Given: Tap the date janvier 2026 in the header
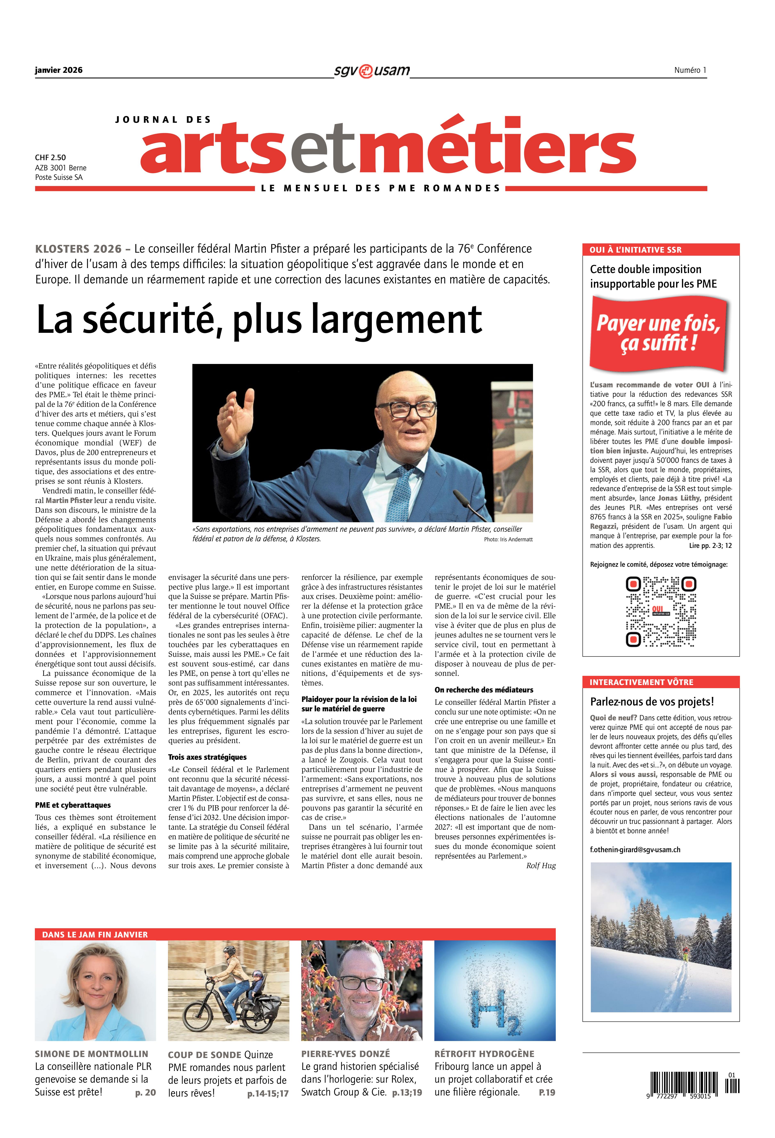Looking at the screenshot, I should [59, 70].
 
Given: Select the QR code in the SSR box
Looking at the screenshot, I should [661, 612].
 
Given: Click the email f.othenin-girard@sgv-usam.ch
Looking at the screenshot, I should [635, 850].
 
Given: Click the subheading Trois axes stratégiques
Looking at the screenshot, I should [207, 757].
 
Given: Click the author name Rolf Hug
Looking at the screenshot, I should [541, 866].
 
